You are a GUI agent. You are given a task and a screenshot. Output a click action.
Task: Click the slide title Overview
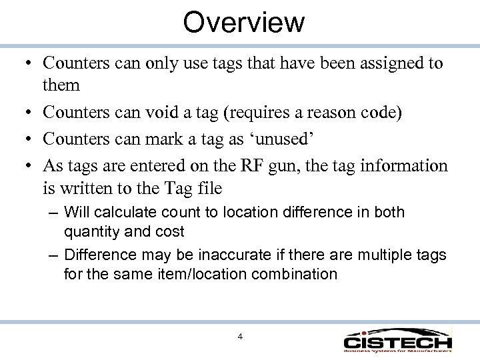(244, 22)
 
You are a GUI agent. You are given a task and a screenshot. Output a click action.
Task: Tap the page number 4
(240, 336)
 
